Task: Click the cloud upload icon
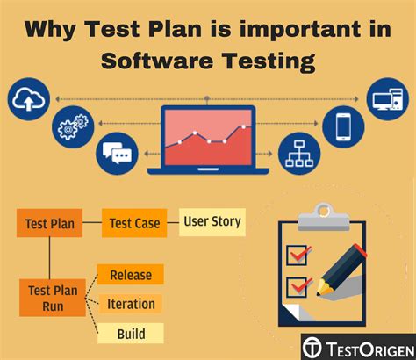[29, 99]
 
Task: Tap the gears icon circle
[73, 126]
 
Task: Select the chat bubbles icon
[117, 154]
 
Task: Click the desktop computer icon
[388, 99]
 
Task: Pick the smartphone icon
[343, 126]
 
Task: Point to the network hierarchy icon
[299, 154]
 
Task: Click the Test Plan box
[49, 223]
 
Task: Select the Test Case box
[134, 223]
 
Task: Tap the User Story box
[212, 222]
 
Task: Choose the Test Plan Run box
[53, 298]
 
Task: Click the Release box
[131, 274]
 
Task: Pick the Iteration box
[131, 304]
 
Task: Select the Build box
[131, 334]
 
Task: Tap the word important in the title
[300, 29]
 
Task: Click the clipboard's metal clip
[324, 217]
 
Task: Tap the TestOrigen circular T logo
[312, 348]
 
